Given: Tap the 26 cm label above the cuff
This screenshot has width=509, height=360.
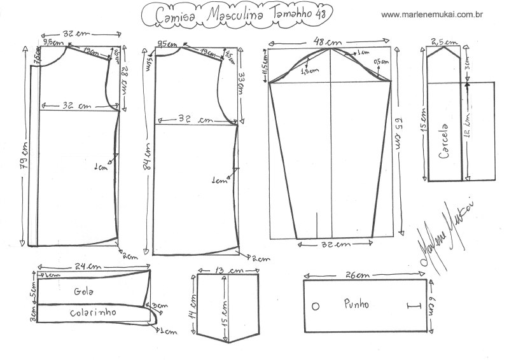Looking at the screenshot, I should pos(359,275).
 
